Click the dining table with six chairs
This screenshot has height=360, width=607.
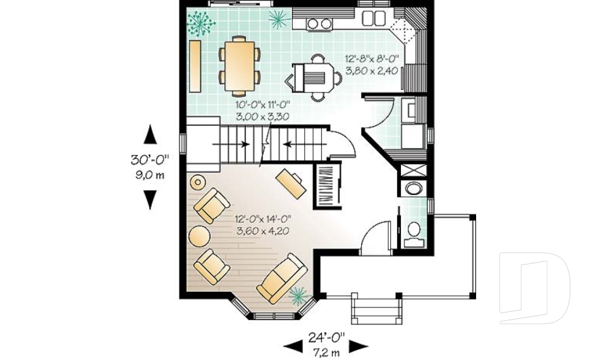(x=240, y=61)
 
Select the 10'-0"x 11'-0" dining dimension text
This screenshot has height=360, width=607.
(x=263, y=111)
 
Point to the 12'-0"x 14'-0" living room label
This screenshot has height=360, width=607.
(x=263, y=225)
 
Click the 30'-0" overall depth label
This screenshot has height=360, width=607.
(x=150, y=161)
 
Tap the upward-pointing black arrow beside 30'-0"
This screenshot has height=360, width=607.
(x=150, y=135)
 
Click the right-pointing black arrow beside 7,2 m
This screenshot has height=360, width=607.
(x=359, y=345)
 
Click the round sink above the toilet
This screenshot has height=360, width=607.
(x=414, y=189)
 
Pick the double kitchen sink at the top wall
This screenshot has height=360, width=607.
(x=372, y=18)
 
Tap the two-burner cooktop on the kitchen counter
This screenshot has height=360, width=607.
(x=320, y=24)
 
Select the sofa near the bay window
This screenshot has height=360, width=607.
(x=281, y=278)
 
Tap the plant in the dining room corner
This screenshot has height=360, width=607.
(x=201, y=24)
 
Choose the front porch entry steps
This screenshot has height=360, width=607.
(x=377, y=309)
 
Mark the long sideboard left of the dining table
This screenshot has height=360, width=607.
(x=195, y=65)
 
